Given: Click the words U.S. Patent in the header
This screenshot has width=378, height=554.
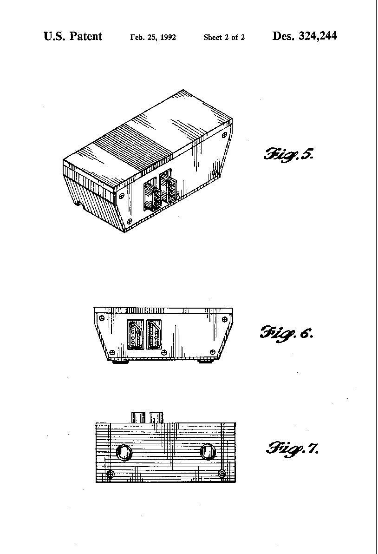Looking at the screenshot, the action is click(x=73, y=36).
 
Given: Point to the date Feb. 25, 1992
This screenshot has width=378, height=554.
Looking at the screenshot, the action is click(x=153, y=38).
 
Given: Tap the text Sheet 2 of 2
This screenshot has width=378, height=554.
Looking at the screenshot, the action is click(x=224, y=38).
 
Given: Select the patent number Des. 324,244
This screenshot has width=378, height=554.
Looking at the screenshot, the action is click(x=305, y=36).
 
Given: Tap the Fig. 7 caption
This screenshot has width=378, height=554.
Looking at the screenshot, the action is click(x=293, y=448).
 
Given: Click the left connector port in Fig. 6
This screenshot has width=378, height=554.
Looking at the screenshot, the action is click(x=135, y=334).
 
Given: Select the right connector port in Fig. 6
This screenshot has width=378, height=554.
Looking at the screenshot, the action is click(x=154, y=334).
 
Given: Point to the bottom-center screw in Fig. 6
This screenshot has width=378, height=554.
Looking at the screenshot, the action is click(x=164, y=352).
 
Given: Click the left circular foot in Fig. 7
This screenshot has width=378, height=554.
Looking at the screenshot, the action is click(x=124, y=453).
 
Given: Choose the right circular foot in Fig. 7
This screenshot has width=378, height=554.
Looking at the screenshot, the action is click(x=208, y=452).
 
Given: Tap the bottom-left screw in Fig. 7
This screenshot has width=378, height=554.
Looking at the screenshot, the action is click(x=110, y=474).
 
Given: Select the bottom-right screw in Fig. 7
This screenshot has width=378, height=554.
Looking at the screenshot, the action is click(x=222, y=474).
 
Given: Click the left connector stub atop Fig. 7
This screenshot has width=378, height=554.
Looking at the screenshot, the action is click(x=138, y=417).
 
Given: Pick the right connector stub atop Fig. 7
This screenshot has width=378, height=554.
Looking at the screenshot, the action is click(x=156, y=417).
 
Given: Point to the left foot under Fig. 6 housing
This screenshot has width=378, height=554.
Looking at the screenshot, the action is click(x=119, y=362).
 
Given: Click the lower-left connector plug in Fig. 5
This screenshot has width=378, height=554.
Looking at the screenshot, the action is click(x=153, y=198).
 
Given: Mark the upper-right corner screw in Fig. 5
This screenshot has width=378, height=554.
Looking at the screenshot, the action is click(x=224, y=135).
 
